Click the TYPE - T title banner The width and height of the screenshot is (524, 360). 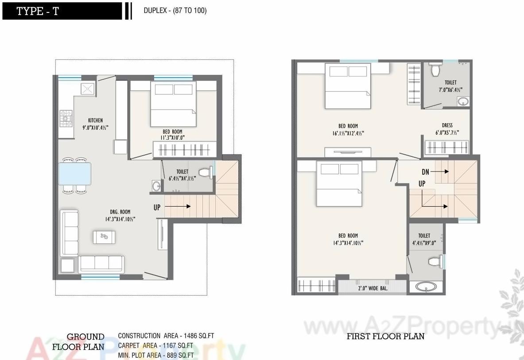62,11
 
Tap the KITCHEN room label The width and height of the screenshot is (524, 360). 95,120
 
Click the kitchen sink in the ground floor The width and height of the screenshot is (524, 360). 87,89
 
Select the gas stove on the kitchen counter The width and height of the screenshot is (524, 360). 66,118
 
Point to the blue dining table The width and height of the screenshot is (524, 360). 74,173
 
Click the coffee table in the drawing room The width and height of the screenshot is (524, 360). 104,237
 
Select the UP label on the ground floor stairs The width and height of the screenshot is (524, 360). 157,207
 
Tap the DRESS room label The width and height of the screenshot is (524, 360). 447,125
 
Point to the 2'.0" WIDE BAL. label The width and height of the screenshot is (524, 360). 373,288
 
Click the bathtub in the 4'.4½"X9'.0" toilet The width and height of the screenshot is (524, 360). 425,287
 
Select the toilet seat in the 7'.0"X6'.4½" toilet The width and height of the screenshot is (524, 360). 435,70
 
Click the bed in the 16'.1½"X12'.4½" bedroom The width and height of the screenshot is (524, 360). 348,86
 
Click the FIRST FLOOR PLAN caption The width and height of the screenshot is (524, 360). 385,336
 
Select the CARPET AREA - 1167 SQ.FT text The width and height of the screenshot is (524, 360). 155,345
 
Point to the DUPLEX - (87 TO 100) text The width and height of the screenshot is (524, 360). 175,11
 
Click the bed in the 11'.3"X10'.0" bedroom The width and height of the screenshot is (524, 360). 173,104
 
